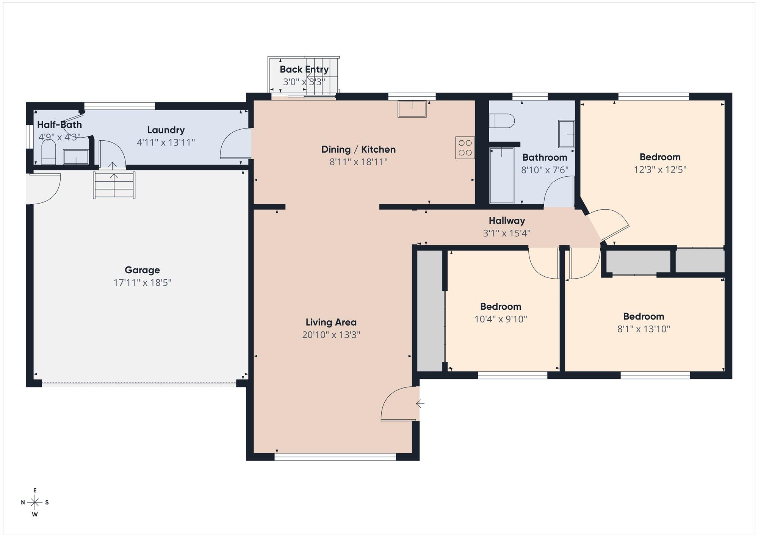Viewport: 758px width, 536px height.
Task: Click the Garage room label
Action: click(142, 270)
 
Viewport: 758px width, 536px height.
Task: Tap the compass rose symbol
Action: click(35, 503)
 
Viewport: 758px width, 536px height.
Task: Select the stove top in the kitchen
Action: click(465, 147)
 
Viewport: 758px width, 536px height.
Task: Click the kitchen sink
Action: click(412, 109)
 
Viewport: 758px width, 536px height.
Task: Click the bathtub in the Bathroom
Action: click(502, 176)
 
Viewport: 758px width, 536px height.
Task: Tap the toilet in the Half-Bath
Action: click(48, 153)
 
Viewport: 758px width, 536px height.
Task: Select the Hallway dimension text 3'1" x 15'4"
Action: click(506, 233)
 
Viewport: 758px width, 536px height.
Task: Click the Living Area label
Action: click(331, 322)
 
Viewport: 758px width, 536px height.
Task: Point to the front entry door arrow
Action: click(420, 404)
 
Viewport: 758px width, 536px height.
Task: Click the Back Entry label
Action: click(304, 69)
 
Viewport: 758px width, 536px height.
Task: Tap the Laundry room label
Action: click(166, 130)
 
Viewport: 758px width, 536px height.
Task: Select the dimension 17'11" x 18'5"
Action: click(142, 283)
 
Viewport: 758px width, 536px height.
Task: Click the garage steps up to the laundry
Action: click(114, 185)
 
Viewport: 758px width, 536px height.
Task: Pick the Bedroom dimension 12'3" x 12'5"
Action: click(660, 169)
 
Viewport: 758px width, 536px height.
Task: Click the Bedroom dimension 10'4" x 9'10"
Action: click(501, 319)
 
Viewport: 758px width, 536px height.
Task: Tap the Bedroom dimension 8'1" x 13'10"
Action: click(644, 329)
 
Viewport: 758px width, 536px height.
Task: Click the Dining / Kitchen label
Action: click(359, 149)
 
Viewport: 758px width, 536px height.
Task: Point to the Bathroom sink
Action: click(566, 134)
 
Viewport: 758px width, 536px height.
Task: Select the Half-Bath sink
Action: click(76, 157)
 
